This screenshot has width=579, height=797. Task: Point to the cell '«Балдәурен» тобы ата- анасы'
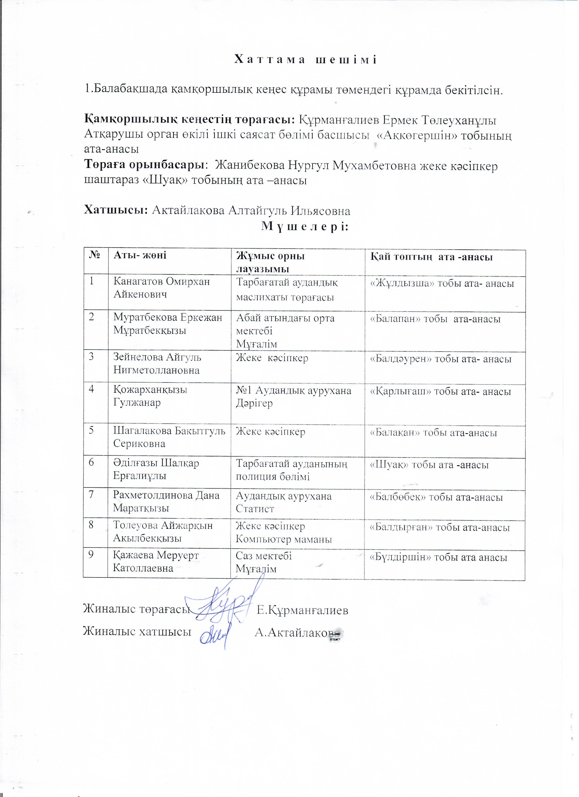(x=441, y=359)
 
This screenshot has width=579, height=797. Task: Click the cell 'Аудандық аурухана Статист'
(x=283, y=502)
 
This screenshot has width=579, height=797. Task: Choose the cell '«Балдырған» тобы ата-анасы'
(x=440, y=527)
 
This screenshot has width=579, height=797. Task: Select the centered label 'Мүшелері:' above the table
(x=305, y=227)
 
